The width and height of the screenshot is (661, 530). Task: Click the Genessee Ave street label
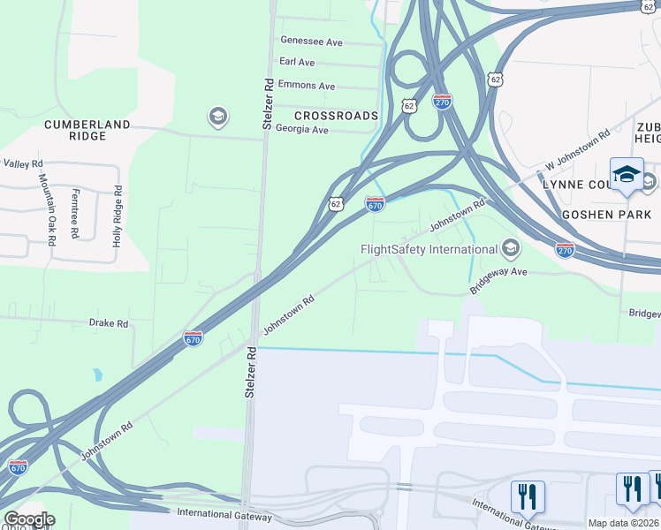pos(311,41)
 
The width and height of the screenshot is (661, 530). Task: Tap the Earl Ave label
pos(297,62)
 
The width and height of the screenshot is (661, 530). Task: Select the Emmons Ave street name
pos(307,86)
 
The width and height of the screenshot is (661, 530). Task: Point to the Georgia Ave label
pos(301,129)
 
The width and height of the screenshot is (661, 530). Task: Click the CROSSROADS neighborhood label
pos(336,116)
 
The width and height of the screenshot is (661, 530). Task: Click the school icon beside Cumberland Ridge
pos(217,117)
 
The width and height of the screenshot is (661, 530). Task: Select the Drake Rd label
pos(109,324)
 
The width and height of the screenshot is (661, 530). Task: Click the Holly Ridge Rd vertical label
pos(117,216)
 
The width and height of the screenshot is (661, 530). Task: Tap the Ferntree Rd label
pos(76,214)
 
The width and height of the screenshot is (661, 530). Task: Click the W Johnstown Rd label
pos(577,150)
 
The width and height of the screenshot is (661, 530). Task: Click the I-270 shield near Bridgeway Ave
pos(565,250)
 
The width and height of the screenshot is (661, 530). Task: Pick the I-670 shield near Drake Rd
pos(194,338)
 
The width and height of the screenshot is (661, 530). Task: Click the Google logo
pos(29,519)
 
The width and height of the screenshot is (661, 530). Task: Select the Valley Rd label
pos(23,163)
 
